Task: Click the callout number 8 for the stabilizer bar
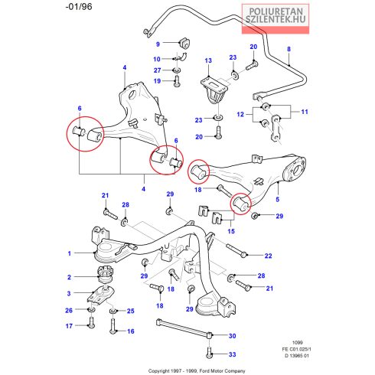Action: (289, 49)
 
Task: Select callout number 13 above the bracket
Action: (208, 60)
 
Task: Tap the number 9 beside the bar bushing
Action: (158, 44)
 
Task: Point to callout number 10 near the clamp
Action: (157, 59)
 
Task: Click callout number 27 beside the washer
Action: (158, 70)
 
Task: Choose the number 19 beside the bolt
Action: (157, 81)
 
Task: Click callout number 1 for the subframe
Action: (70, 253)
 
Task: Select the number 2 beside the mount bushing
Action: (69, 277)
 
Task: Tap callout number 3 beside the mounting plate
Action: (69, 293)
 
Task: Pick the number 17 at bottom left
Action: (69, 326)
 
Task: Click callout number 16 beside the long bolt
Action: (131, 331)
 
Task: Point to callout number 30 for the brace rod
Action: (232, 336)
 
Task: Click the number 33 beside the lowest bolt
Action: (232, 354)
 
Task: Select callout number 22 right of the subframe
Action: (268, 256)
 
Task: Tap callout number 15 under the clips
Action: (231, 231)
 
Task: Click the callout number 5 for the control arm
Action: (278, 200)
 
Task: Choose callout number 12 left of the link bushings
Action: (240, 114)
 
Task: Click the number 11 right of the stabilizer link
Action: (305, 112)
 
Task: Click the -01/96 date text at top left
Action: (79, 7)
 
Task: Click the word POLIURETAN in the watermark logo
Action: (276, 11)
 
